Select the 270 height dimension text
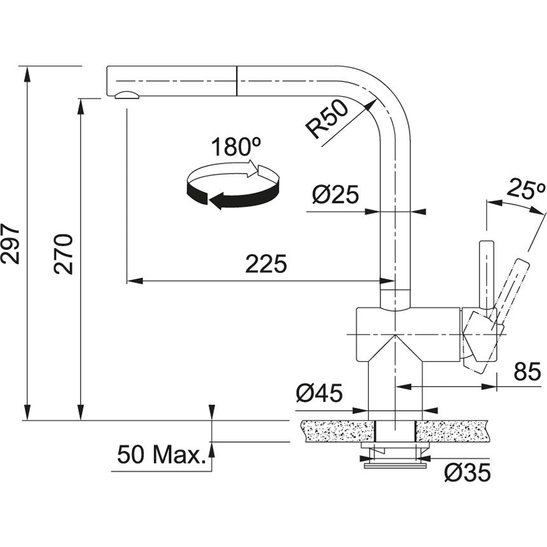(64, 254)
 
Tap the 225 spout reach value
(266, 264)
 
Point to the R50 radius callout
(327, 120)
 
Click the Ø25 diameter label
(336, 195)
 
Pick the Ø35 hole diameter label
(467, 472)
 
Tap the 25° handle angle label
(527, 188)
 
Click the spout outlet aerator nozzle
(126, 95)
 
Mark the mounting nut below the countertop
(395, 453)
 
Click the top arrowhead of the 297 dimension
(27, 72)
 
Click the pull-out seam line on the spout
(237, 80)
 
